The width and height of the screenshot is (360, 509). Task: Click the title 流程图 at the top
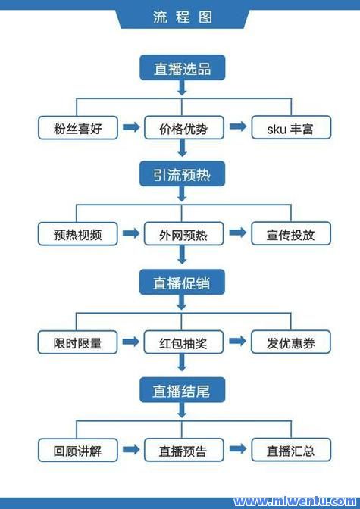click(183, 17)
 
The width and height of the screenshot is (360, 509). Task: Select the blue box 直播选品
click(183, 67)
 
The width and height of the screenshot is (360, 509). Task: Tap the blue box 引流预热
click(183, 173)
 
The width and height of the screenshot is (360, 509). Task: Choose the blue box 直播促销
click(182, 282)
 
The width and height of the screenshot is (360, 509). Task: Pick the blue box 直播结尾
click(183, 390)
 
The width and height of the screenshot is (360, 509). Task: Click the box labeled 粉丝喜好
click(77, 128)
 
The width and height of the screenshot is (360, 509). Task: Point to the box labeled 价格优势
click(184, 127)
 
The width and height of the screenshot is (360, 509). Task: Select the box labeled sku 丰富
click(291, 127)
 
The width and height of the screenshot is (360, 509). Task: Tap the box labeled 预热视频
click(77, 234)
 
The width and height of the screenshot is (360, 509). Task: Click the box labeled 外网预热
click(183, 233)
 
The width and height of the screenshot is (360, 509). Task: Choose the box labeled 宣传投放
click(291, 233)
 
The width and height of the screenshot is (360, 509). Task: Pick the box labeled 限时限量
click(77, 342)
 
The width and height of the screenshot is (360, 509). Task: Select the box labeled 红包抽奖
click(183, 342)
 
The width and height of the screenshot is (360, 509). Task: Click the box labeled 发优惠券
click(291, 342)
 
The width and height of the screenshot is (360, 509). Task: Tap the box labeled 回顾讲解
click(77, 450)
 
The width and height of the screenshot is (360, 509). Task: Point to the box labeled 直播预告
click(184, 450)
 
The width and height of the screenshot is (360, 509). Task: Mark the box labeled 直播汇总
click(291, 450)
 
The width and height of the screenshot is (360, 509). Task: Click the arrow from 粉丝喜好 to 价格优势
click(131, 126)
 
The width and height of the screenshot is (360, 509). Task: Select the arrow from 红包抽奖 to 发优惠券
click(237, 341)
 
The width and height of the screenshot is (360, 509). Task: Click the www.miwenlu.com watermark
click(295, 502)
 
